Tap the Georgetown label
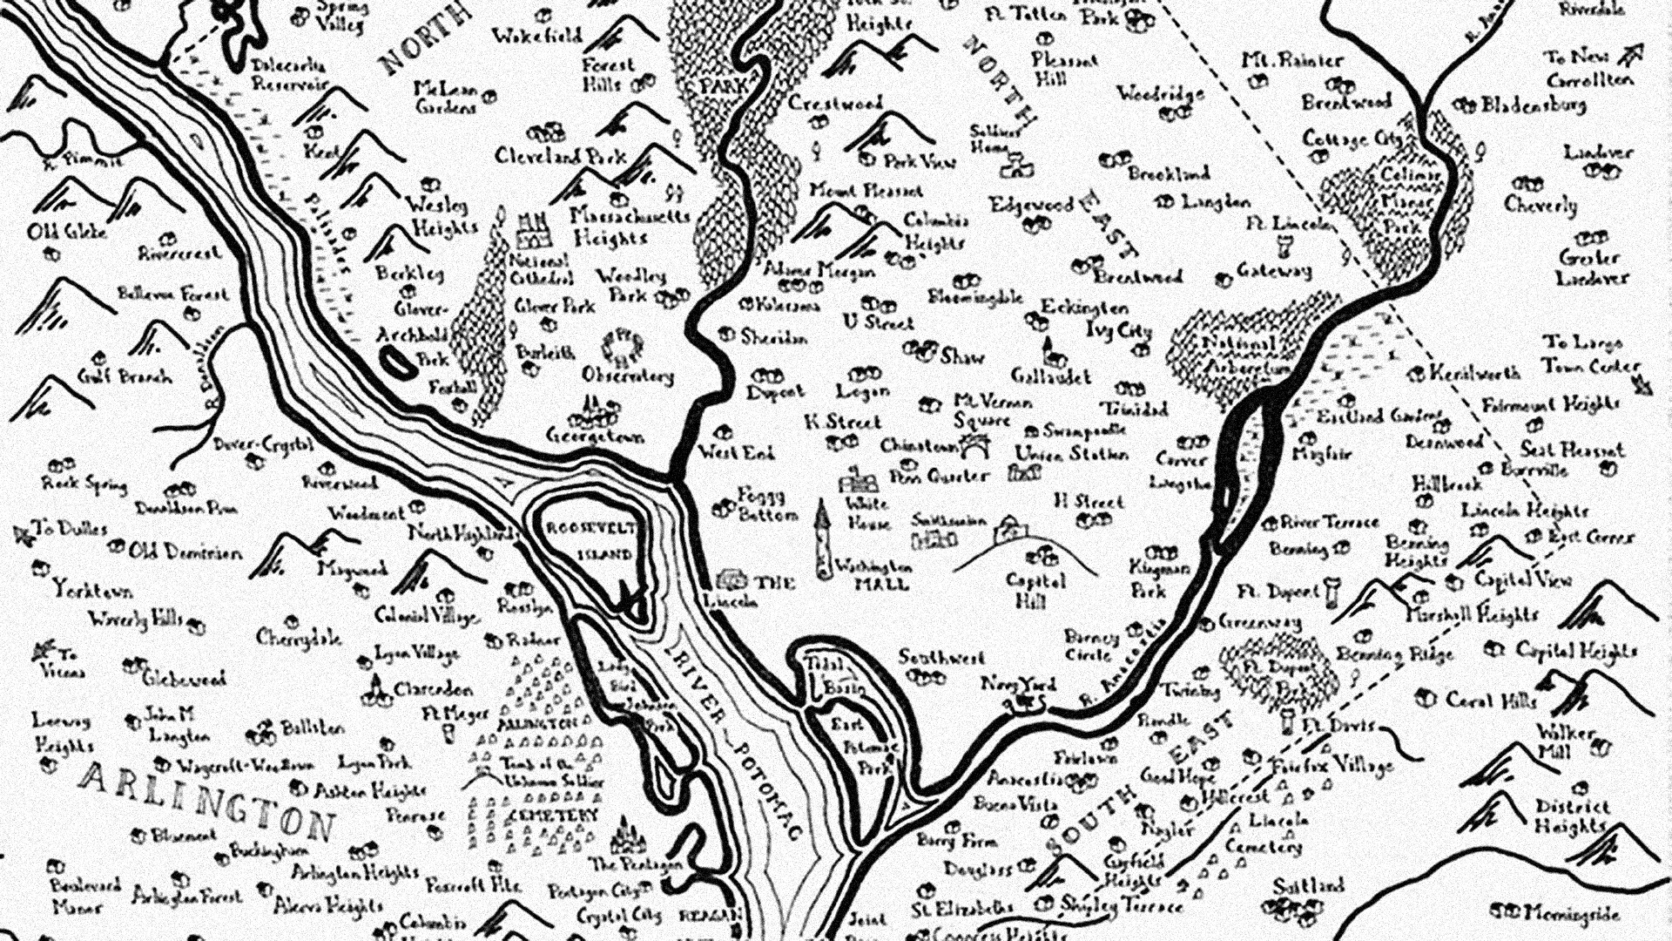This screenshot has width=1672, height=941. pos(596,435)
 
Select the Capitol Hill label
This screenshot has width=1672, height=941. pos(1035,590)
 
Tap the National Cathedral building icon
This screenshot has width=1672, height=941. pos(533,228)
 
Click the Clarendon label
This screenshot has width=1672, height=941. pos(433,689)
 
